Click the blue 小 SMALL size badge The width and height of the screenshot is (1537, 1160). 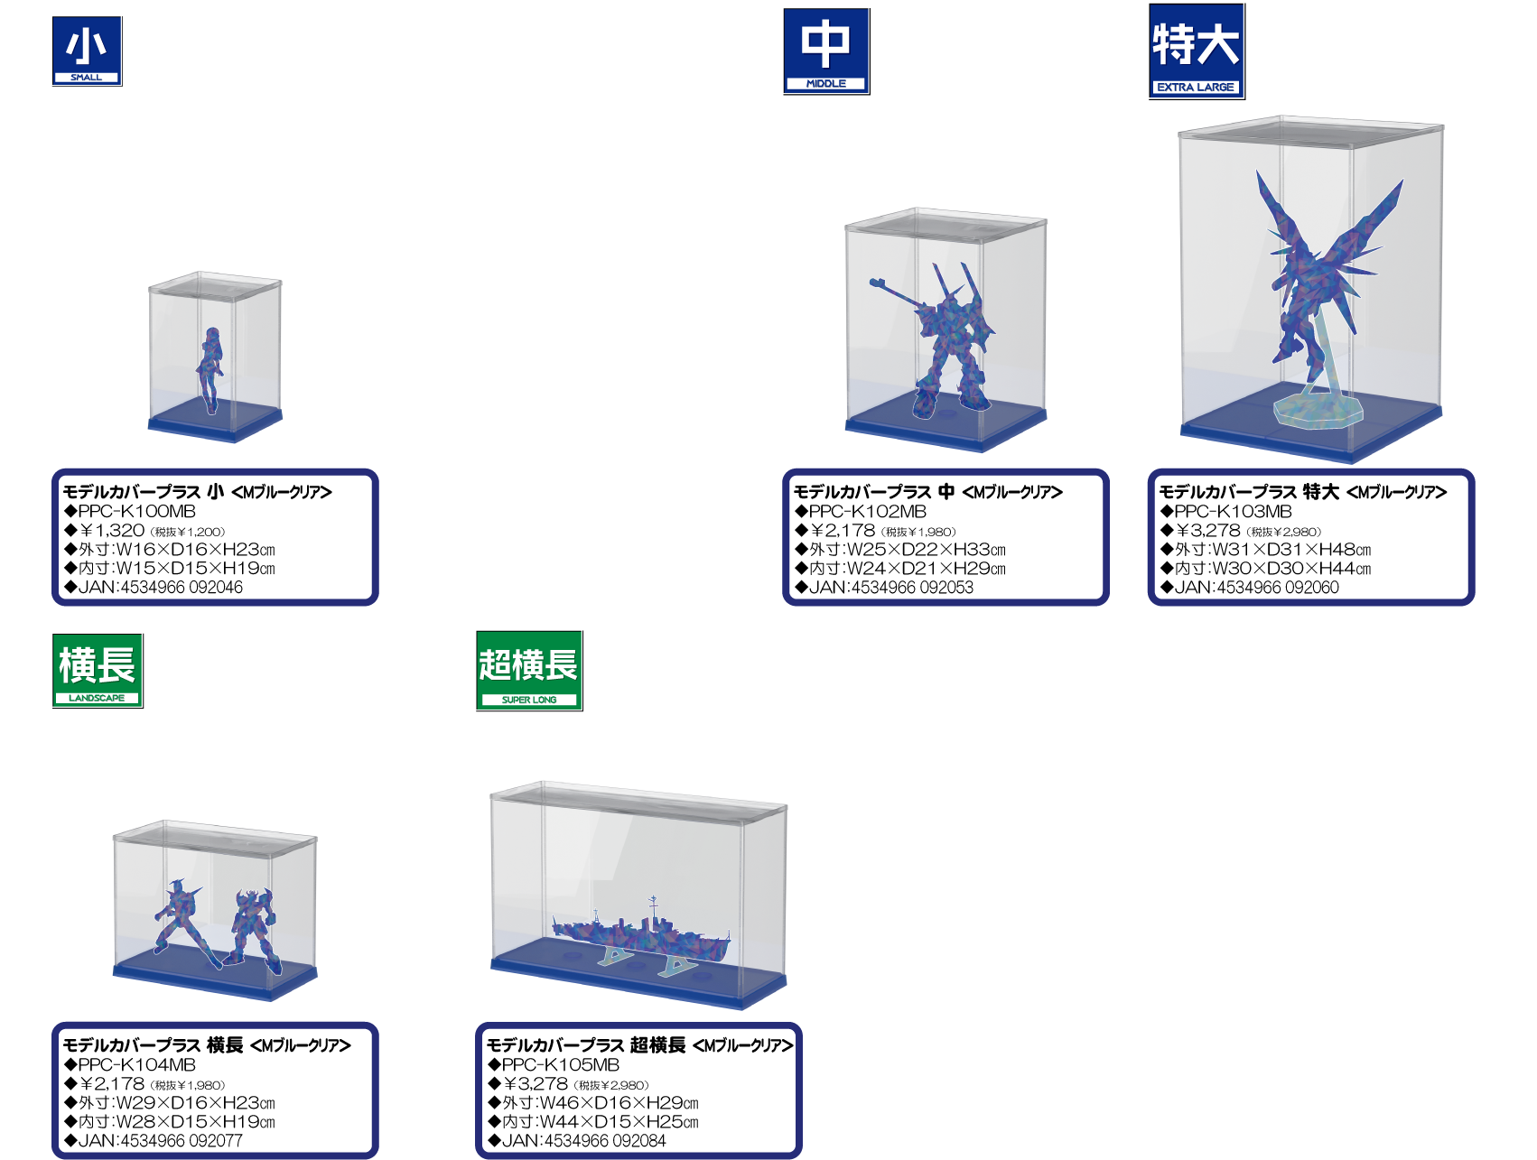click(x=87, y=51)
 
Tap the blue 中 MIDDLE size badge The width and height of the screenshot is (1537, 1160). click(x=826, y=51)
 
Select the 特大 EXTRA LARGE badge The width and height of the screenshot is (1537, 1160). click(x=1197, y=51)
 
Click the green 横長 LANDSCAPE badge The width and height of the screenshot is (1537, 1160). click(x=98, y=671)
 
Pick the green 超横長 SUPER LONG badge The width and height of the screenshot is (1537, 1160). click(x=529, y=671)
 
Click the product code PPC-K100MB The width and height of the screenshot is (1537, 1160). click(x=137, y=511)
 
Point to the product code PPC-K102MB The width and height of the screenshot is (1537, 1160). click(x=868, y=511)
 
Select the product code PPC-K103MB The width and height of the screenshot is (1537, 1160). click(x=1234, y=511)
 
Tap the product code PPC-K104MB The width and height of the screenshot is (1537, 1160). click(x=137, y=1064)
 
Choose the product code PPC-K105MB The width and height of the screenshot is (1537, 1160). click(x=561, y=1064)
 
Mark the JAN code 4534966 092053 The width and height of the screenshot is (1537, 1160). click(x=909, y=587)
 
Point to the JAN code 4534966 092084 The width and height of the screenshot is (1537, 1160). click(x=603, y=1140)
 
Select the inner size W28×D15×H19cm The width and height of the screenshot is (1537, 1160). click(x=195, y=1122)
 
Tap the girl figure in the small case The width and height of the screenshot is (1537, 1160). click(x=210, y=369)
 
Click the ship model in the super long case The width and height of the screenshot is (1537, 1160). click(x=641, y=935)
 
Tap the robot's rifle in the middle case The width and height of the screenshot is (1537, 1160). click(x=899, y=293)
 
